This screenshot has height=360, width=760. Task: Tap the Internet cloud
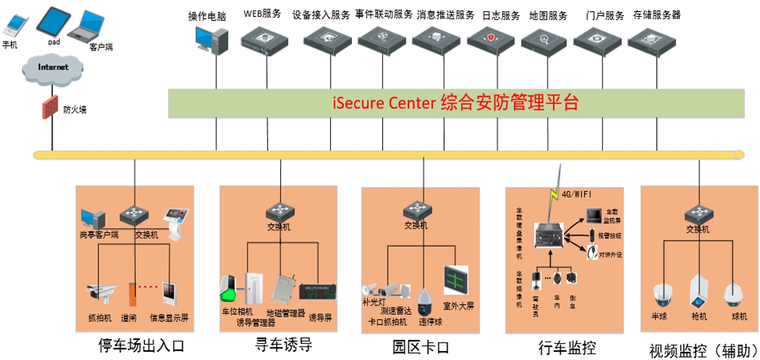click(53, 67)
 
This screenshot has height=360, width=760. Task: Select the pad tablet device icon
click(53, 21)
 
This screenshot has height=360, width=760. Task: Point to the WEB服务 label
click(262, 14)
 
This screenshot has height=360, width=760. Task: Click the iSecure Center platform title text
click(456, 103)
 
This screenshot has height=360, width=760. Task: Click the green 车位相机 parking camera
click(228, 290)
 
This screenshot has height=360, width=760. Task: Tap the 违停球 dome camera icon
click(425, 301)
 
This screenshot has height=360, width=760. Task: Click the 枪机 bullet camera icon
click(698, 291)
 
